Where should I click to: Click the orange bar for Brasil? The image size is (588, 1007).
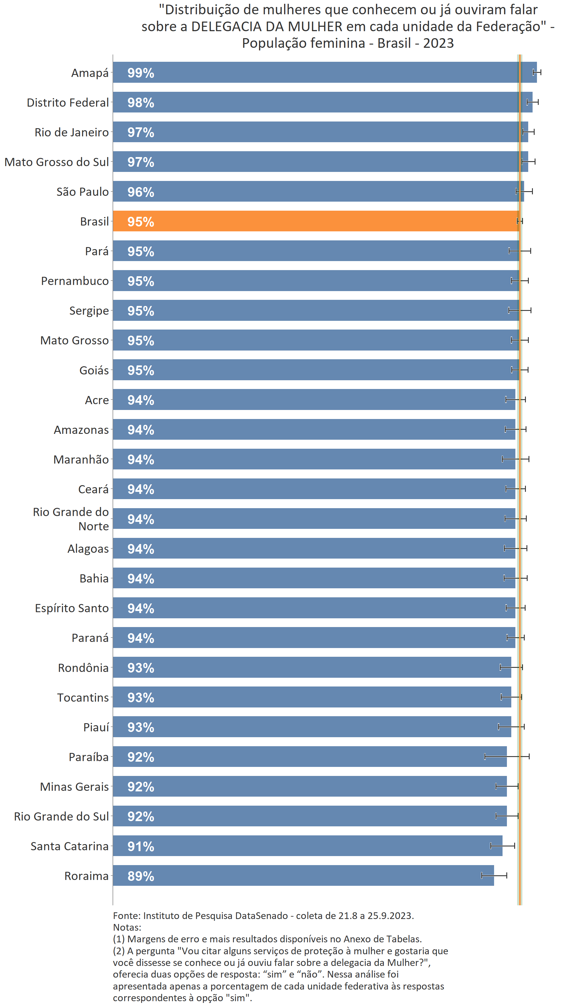(316, 221)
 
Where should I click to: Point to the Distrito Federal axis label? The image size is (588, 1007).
(68, 103)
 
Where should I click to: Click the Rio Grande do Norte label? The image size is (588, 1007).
(71, 519)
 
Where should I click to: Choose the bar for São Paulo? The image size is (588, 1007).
(318, 191)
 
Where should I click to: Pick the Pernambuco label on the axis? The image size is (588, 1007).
(75, 281)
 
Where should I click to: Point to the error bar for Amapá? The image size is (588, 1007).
(536, 72)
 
